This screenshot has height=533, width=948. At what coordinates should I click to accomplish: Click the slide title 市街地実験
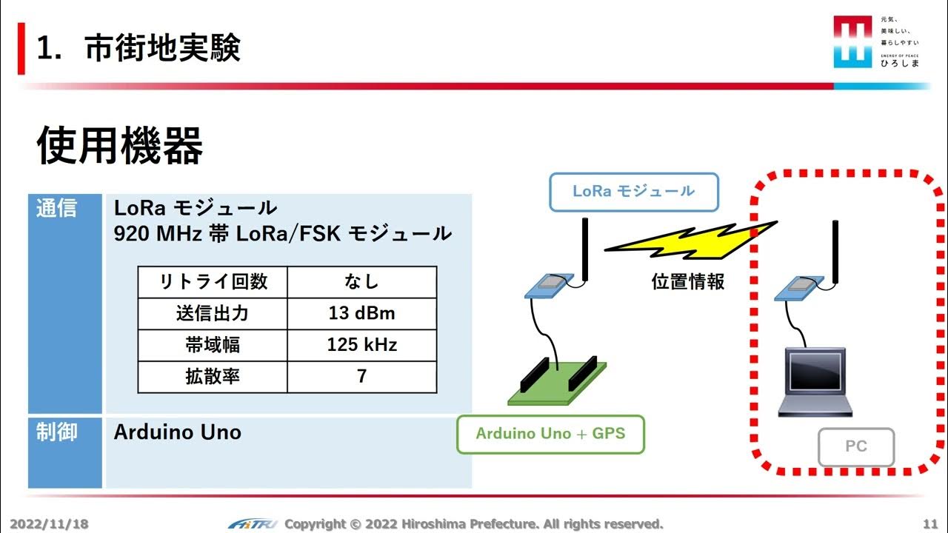tap(161, 49)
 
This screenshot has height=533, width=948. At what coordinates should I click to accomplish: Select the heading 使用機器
tap(119, 145)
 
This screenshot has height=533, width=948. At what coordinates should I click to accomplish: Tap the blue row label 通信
tap(57, 208)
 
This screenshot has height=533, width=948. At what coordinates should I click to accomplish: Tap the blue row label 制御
tap(57, 432)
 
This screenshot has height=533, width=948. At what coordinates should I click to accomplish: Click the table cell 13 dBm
tap(361, 313)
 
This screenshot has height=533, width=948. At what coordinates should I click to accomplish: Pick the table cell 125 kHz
tap(361, 345)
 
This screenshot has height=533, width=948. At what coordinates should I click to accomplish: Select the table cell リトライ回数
tap(213, 281)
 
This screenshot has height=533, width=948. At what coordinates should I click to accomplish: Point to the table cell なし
tap(361, 281)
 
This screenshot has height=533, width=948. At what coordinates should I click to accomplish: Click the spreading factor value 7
tap(361, 377)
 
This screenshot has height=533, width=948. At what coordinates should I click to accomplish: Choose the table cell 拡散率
tap(213, 377)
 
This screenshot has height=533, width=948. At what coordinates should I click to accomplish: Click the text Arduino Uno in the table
tap(178, 432)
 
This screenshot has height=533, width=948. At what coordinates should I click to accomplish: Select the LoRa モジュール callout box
tap(633, 192)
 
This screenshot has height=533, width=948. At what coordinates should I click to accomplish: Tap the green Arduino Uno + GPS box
tap(550, 434)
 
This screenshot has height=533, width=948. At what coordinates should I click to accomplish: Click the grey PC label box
tap(855, 447)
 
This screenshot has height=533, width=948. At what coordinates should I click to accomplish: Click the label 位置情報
tap(687, 282)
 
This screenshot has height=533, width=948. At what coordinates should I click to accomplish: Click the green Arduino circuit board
tap(557, 383)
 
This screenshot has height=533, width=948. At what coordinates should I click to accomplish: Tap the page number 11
tap(930, 524)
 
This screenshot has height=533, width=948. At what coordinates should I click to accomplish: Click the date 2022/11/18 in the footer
tap(49, 524)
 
